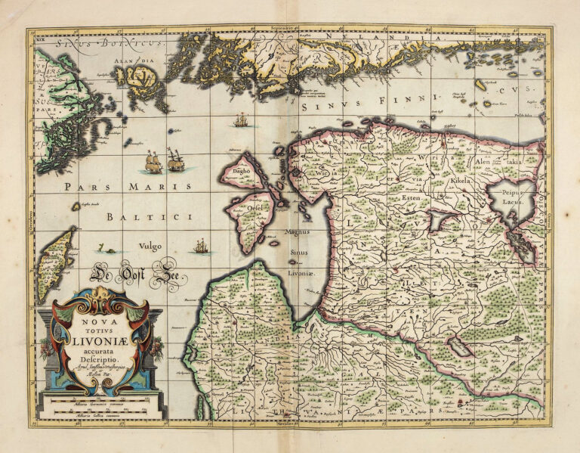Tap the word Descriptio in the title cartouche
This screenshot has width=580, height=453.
click(x=100, y=361)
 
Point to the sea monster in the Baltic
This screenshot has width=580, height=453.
click(x=110, y=249)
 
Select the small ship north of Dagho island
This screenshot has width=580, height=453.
click(x=241, y=119)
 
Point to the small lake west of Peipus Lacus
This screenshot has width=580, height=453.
click(x=439, y=220)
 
